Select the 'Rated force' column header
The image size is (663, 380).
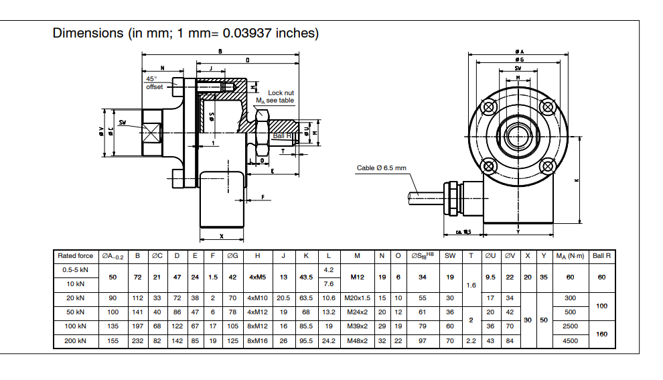click(76, 256)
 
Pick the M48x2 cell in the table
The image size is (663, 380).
click(357, 340)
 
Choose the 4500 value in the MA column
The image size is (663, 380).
click(570, 340)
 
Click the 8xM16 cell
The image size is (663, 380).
click(258, 340)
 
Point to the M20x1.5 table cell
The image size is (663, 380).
click(357, 298)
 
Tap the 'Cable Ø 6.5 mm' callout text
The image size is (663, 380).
click(382, 168)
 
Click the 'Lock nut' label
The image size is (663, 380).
click(281, 93)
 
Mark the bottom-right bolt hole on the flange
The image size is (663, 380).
click(547, 165)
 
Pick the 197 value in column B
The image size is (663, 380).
click(137, 326)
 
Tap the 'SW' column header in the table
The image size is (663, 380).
click(450, 256)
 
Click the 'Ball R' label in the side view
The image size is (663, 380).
click(283, 135)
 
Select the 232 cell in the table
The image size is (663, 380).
click(137, 340)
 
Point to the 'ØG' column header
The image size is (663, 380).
click(232, 256)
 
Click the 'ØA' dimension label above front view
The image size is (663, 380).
click(519, 51)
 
